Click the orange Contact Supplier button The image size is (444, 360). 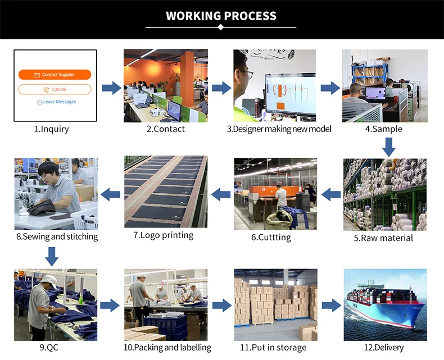coord(55,75)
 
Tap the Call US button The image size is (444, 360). coord(55,89)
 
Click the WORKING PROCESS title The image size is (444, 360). coord(221,16)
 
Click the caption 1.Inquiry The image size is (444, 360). coord(51,129)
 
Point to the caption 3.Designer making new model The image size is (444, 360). coord(279,129)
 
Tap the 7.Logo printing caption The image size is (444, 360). coord(164,235)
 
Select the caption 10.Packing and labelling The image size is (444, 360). coord(167,348)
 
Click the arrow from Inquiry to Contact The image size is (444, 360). coord(112,88)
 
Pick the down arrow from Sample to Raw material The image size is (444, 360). coord(388,147)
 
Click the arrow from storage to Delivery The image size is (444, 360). coord(331,306)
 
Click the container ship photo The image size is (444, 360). coord(385,304)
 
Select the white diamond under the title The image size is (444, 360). coord(221,27)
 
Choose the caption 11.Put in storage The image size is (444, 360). coord(273,348)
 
